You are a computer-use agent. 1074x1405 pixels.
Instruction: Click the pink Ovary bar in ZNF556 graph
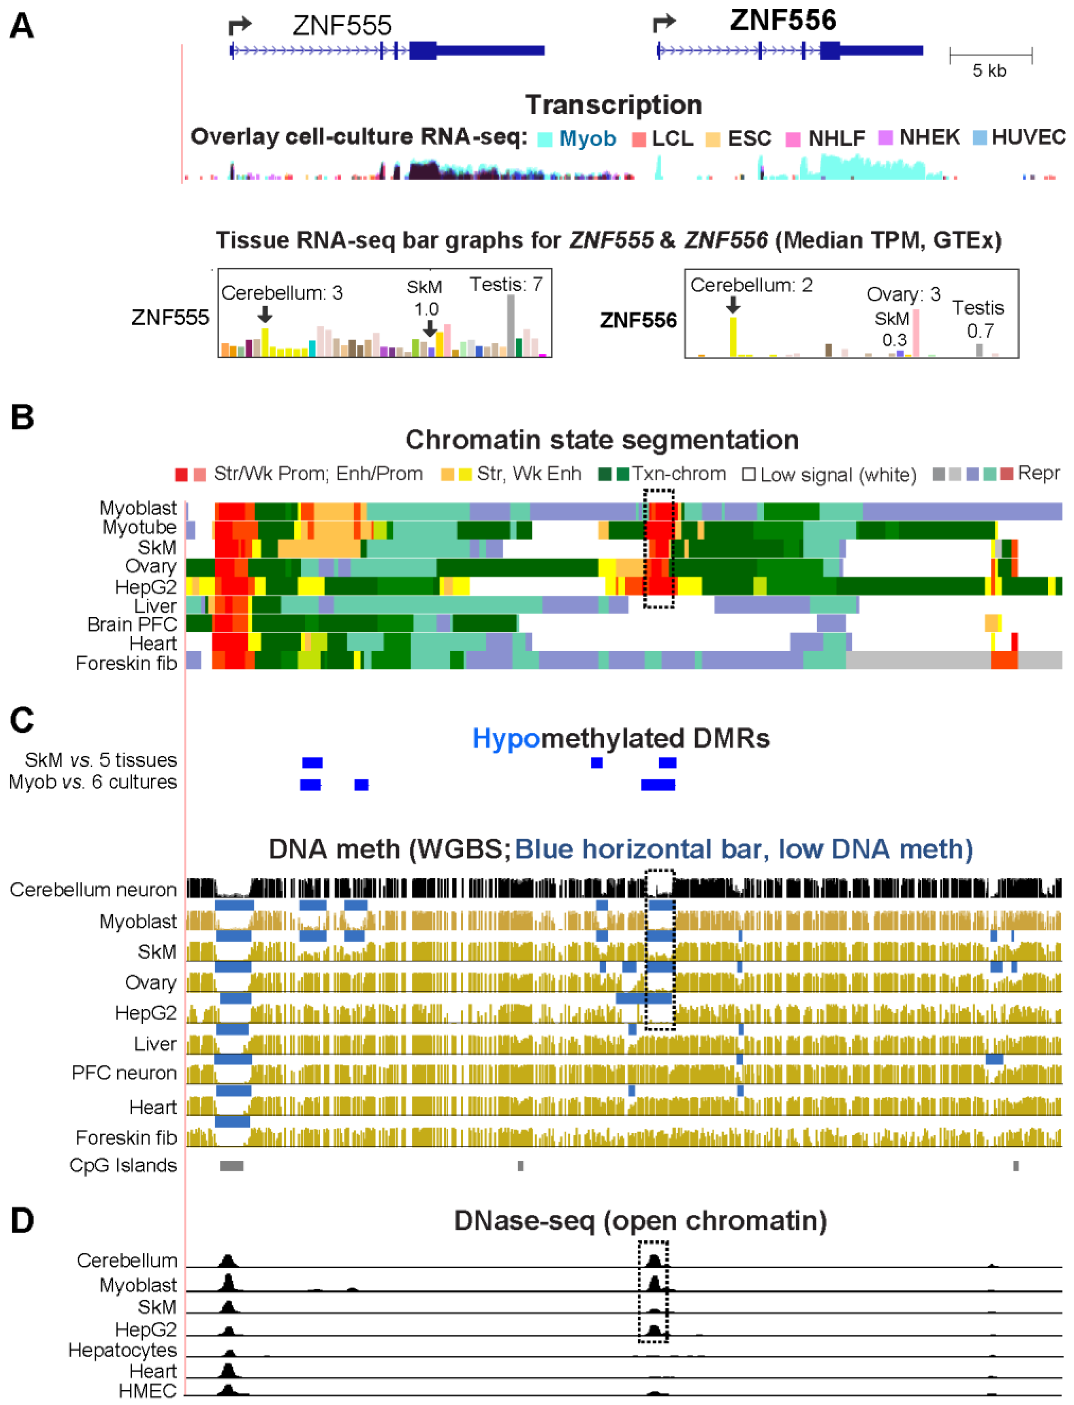[x=916, y=333]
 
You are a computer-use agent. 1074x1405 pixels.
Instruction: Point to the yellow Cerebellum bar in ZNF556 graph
[x=733, y=336]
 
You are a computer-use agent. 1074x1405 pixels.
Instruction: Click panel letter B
[x=22, y=417]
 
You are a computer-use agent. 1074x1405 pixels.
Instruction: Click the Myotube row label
[x=139, y=528]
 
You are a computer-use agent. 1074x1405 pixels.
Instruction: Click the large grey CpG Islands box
[x=231, y=1166]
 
